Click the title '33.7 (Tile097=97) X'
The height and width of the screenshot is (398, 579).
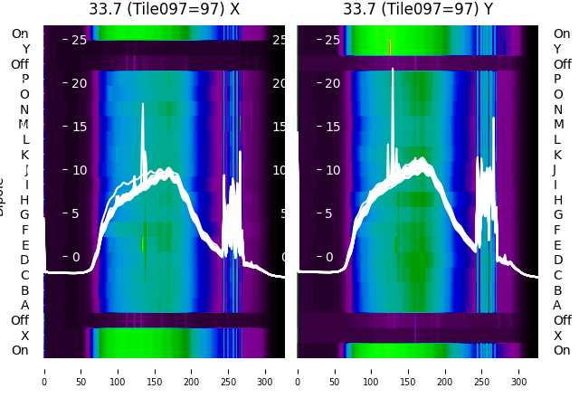point(164,9)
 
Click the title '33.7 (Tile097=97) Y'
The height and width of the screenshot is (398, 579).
point(418,9)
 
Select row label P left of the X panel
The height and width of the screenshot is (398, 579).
point(24,79)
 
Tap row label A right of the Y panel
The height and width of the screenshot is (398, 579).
point(557,305)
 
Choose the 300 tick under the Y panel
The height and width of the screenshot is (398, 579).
point(520,370)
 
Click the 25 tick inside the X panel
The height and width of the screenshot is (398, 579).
point(79,40)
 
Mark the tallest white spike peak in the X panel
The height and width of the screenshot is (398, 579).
point(143,104)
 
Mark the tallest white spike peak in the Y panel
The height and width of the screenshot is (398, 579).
point(393,69)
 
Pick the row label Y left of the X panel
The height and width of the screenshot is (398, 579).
point(25,49)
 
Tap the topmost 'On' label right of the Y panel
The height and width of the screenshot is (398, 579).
point(562,33)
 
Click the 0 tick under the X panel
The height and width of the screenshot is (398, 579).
point(44,370)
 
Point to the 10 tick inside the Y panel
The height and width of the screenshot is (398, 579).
point(332,170)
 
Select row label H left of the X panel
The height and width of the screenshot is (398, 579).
point(24,200)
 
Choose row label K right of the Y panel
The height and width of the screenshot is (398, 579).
point(557,155)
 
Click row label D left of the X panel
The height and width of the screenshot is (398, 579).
point(24,260)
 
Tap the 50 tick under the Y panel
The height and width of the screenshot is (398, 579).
point(335,370)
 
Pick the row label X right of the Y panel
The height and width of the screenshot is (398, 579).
point(557,335)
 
